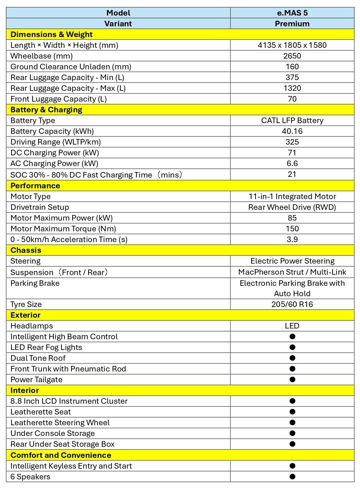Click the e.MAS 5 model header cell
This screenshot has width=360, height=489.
(x=292, y=13)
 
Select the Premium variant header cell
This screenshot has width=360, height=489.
(x=292, y=24)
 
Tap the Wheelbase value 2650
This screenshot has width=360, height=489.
(x=292, y=56)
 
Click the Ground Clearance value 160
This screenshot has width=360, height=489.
(x=292, y=67)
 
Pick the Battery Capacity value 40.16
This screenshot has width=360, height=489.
(x=292, y=131)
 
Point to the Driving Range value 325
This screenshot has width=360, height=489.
(x=292, y=142)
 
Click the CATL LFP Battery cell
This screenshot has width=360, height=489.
(x=292, y=120)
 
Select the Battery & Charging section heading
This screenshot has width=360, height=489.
(x=46, y=110)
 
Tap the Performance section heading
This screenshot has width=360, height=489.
(x=35, y=186)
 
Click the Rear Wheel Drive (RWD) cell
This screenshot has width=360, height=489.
(x=292, y=207)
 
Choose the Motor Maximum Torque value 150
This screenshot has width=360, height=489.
(x=292, y=229)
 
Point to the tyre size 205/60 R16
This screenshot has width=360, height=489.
(x=292, y=304)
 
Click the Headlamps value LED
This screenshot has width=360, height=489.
(x=292, y=326)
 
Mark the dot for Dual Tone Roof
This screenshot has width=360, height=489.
(x=292, y=358)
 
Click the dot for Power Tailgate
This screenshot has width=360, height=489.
(x=292, y=380)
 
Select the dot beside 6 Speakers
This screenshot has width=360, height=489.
(x=292, y=477)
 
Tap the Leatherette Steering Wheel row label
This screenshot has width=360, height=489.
(x=60, y=423)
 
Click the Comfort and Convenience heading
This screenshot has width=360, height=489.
(x=61, y=455)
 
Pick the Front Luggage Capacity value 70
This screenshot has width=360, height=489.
(x=292, y=99)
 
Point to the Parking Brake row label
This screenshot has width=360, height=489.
(x=35, y=283)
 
